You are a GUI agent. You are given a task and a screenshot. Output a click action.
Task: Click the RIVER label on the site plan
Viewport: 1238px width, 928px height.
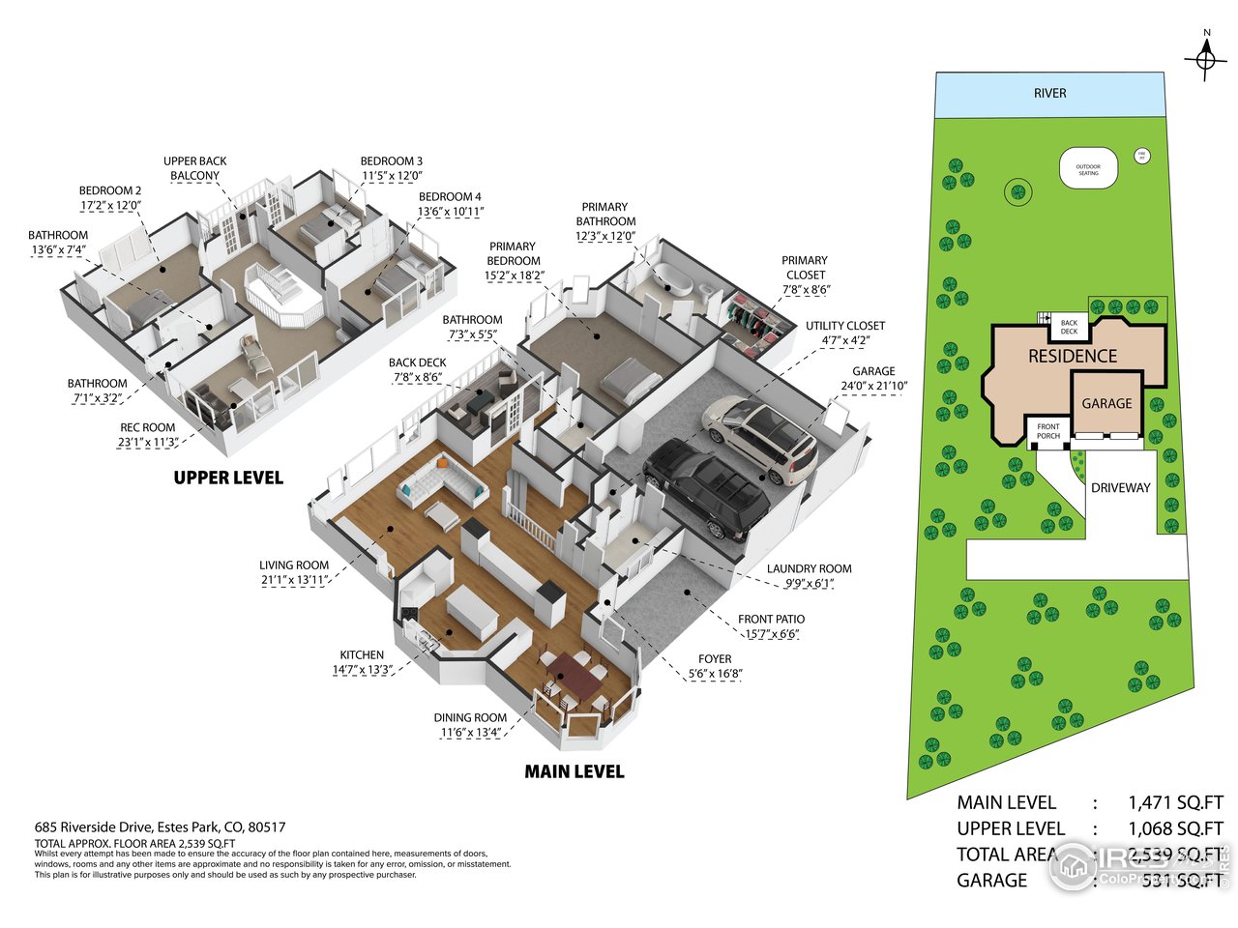pyautogui.click(x=1049, y=94)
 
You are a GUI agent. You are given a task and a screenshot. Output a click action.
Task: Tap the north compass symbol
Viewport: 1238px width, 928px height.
pyautogui.click(x=1205, y=59)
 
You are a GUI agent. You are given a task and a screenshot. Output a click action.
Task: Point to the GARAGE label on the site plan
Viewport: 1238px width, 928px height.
pyautogui.click(x=1106, y=404)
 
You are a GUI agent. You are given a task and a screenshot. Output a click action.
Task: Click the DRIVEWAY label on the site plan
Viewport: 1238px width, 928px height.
pyautogui.click(x=1120, y=488)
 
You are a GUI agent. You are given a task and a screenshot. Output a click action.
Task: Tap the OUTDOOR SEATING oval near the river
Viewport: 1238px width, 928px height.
pyautogui.click(x=1089, y=169)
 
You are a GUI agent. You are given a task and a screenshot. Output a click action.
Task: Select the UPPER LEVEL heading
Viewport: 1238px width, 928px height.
pyautogui.click(x=228, y=478)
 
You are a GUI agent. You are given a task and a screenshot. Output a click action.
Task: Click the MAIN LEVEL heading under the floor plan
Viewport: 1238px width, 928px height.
pyautogui.click(x=574, y=771)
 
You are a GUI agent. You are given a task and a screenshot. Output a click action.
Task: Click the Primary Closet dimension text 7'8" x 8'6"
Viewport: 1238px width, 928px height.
pyautogui.click(x=806, y=289)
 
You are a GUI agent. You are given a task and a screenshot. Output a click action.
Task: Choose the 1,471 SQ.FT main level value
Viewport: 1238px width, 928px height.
pyautogui.click(x=1175, y=802)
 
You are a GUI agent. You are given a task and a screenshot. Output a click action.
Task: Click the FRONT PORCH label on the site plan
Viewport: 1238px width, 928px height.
pyautogui.click(x=1048, y=431)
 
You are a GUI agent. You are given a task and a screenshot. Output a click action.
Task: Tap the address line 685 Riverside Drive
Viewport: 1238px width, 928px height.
pyautogui.click(x=160, y=827)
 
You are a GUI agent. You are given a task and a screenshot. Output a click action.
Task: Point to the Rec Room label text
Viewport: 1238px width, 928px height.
pyautogui.click(x=147, y=427)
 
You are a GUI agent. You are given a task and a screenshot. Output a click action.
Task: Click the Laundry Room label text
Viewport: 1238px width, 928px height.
pyautogui.click(x=809, y=569)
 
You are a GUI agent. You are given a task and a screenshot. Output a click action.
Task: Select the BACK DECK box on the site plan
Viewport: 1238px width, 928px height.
pyautogui.click(x=1069, y=327)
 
